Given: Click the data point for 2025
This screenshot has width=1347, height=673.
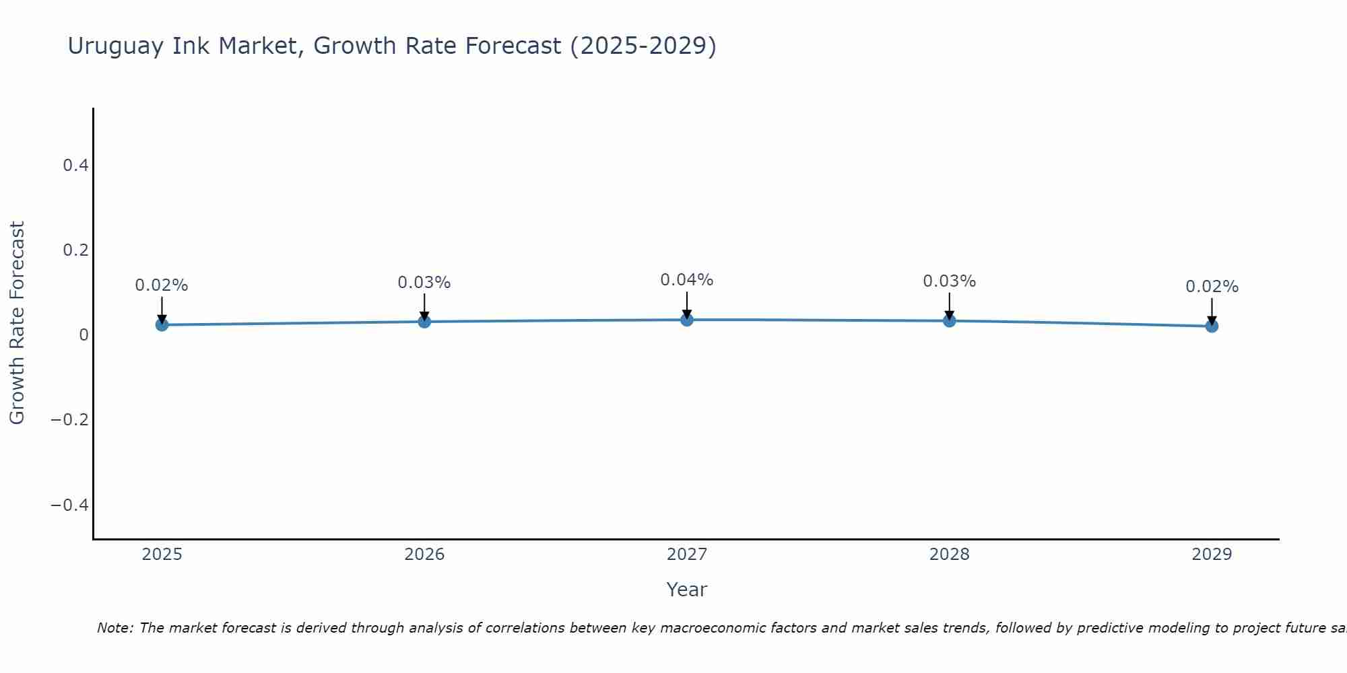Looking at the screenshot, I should [162, 325].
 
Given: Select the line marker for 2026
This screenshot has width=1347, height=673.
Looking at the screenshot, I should [424, 322].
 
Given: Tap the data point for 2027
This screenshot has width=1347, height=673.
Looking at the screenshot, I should [687, 320].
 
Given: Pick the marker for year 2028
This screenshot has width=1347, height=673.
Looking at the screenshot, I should [949, 321].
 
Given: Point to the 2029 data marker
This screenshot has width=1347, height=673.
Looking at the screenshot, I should [1212, 326].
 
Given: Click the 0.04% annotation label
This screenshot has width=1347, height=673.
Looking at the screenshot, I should [686, 280].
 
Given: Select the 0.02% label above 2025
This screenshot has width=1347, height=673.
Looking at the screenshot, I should [162, 285].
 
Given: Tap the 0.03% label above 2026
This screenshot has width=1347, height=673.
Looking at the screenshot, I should [424, 283].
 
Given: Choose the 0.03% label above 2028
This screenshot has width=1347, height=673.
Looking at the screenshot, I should [949, 281].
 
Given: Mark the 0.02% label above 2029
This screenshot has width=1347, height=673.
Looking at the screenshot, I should [1212, 287].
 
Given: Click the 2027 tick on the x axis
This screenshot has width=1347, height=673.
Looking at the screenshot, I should [686, 555].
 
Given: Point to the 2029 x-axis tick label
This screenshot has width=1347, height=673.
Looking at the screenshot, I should [1212, 555].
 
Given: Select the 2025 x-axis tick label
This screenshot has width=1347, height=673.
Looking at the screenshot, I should [162, 555].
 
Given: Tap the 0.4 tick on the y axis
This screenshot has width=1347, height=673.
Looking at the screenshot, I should [75, 165].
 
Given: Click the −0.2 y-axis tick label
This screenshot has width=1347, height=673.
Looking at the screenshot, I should [69, 420].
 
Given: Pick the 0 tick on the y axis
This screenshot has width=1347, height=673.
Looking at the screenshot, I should [84, 335].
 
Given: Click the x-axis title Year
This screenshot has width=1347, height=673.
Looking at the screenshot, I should [686, 590].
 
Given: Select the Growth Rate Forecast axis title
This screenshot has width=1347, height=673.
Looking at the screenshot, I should [17, 323].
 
